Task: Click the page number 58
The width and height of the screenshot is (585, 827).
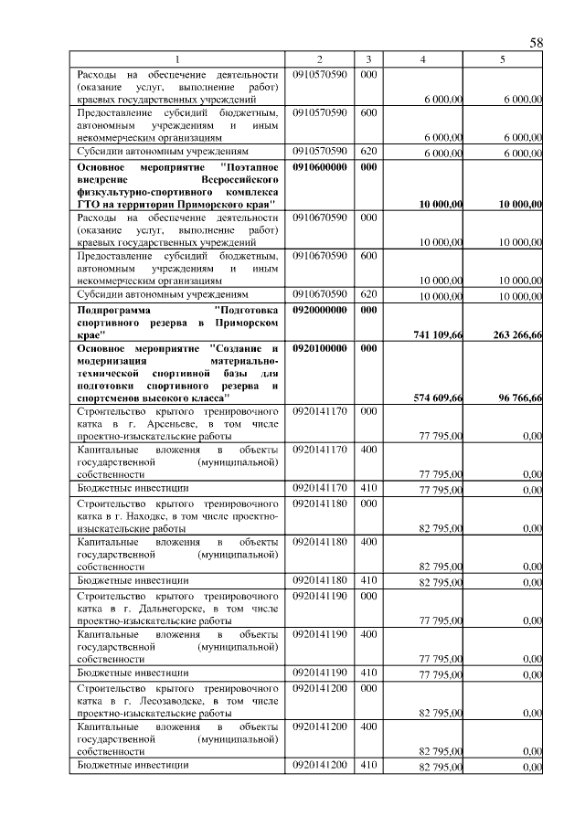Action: click(x=537, y=43)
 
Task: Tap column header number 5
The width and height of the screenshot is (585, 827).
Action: click(x=502, y=59)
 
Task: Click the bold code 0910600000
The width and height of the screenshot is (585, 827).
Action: click(x=320, y=168)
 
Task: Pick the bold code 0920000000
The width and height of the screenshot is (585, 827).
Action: click(x=320, y=310)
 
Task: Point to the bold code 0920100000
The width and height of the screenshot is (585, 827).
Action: click(x=320, y=349)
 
